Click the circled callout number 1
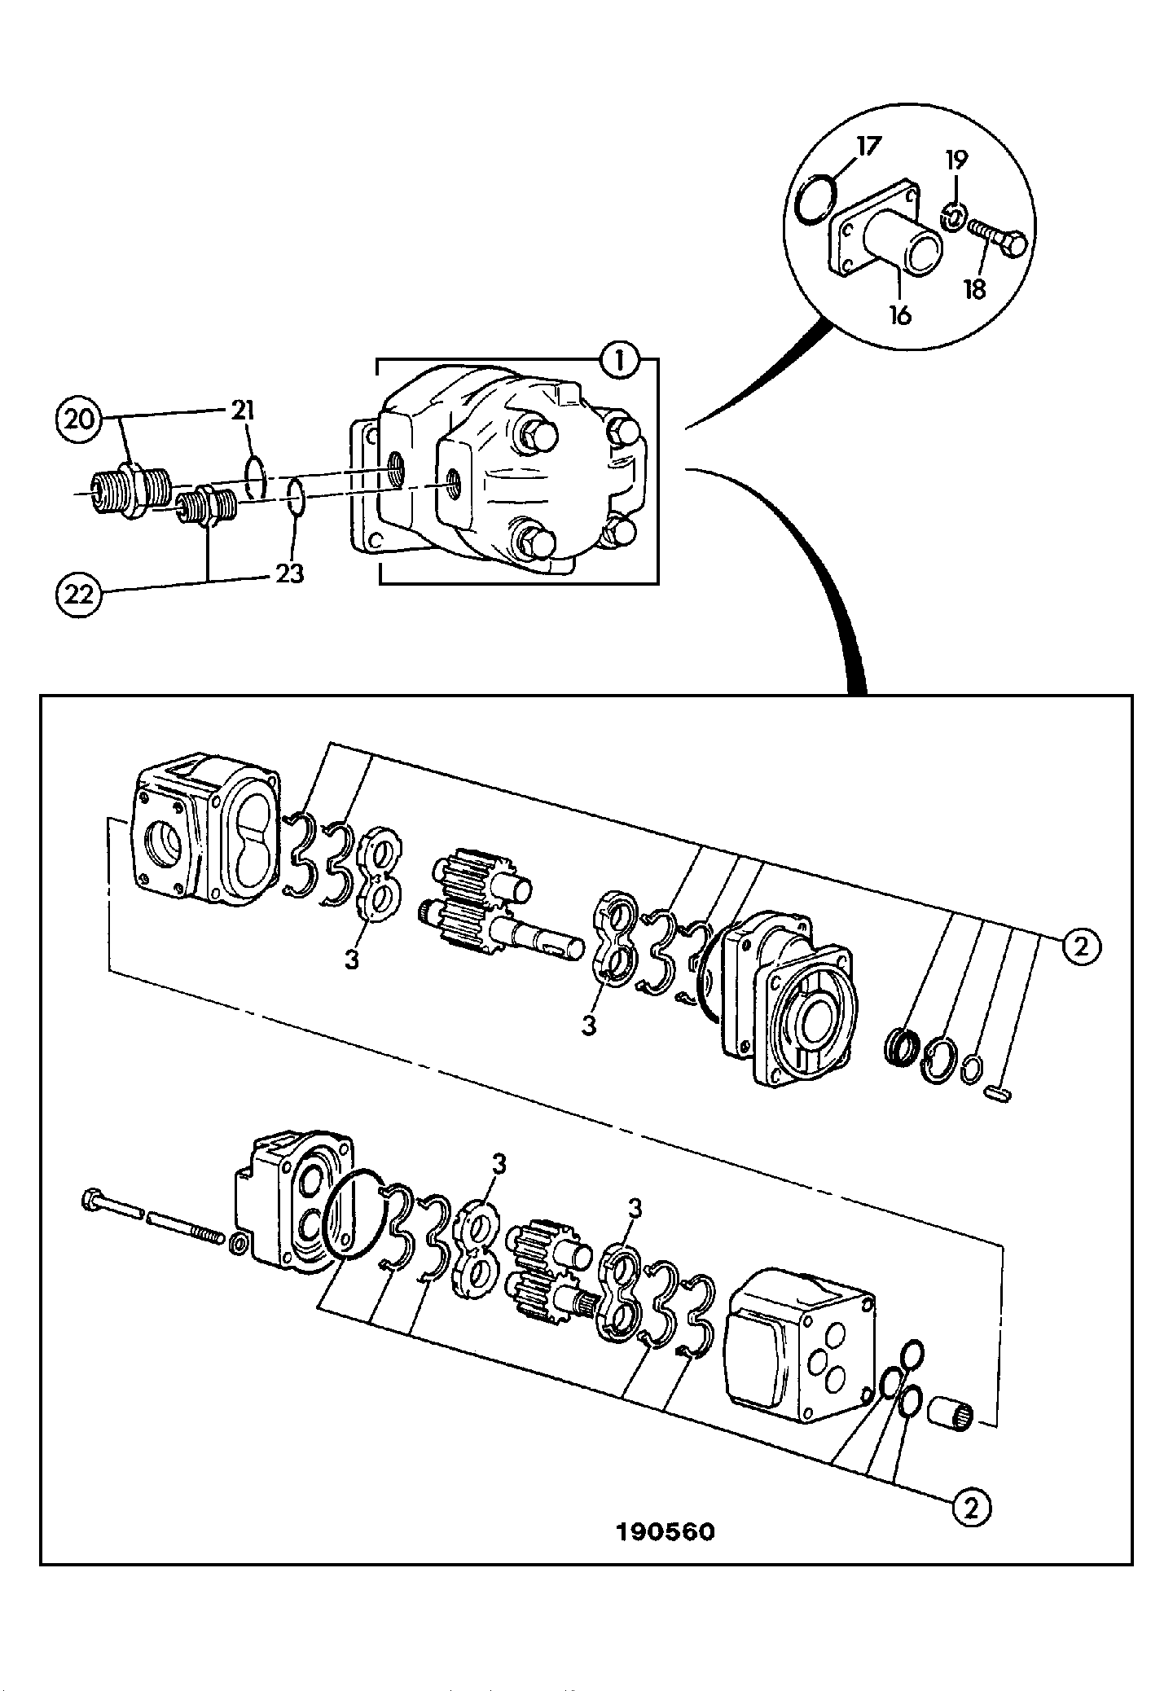coord(620,361)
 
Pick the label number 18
coord(975,288)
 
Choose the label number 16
coord(899,314)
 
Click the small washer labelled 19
coord(952,217)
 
